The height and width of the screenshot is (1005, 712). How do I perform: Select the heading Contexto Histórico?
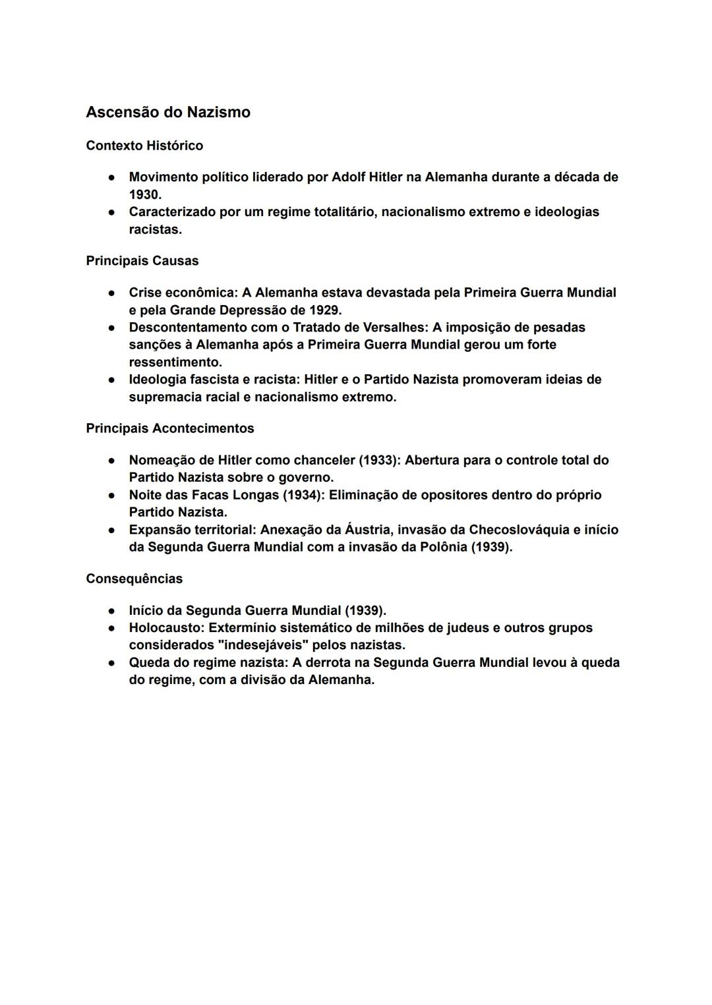coord(144,146)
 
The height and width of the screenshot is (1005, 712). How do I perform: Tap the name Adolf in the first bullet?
coord(351,177)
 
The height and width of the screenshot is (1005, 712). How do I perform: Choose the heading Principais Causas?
coord(142,261)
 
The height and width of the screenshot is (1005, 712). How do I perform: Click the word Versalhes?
coord(394,328)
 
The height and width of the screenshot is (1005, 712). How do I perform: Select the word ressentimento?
coord(175,362)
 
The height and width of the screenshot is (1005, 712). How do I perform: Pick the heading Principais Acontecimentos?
coord(169,428)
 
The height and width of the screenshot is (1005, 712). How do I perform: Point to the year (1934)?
coord(303,495)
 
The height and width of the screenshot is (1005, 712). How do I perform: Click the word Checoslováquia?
coord(519,530)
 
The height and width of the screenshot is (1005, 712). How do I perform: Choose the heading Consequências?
coord(134,579)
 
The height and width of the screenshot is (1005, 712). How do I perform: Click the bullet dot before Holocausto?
coord(113,628)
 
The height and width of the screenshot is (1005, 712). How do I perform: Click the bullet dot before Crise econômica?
coord(113,293)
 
